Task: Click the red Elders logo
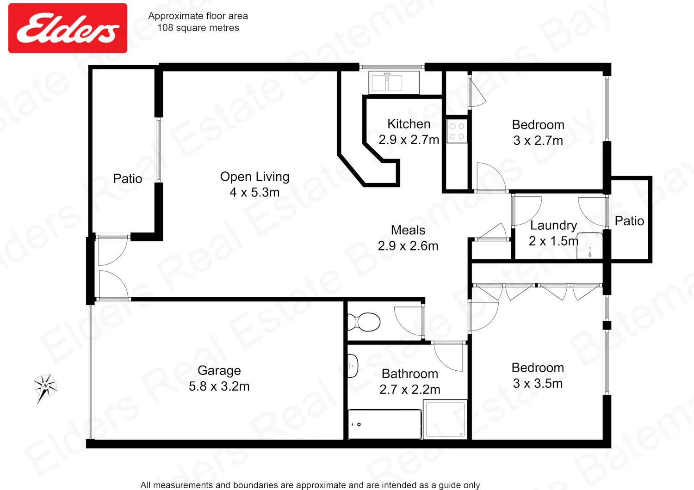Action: point(68,28)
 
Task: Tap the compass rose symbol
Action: point(45,387)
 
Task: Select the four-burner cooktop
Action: point(457,131)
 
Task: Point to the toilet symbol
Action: point(364,322)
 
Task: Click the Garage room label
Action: point(219,371)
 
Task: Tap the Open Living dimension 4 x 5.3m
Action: point(254,193)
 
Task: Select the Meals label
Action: point(408,230)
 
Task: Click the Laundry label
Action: point(553,225)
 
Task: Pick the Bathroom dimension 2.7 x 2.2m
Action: point(409,389)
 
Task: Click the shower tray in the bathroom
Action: point(445,419)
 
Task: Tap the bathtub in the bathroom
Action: point(384,424)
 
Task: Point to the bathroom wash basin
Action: point(353,366)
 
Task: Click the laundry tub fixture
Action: point(590,246)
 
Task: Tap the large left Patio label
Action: point(127,178)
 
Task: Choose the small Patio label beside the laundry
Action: point(629,221)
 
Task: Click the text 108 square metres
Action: point(198,28)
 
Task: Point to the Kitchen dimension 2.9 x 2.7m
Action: point(409,140)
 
